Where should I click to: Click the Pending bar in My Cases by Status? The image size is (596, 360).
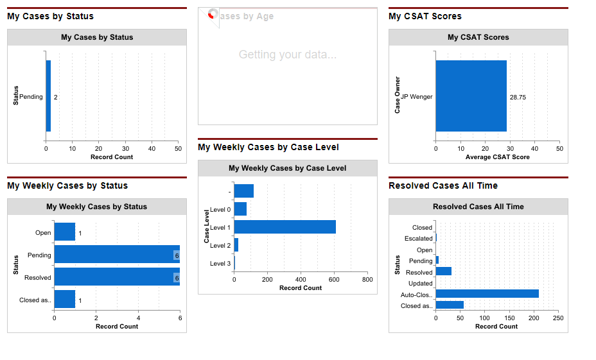[x=48, y=96]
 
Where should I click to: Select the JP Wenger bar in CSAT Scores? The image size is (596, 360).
[x=471, y=96]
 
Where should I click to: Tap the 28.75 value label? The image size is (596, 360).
[x=518, y=98]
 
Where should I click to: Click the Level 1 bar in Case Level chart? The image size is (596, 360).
[x=285, y=227]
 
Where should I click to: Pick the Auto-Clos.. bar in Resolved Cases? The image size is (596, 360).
[x=487, y=294]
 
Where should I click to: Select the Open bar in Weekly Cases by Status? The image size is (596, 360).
[x=64, y=232]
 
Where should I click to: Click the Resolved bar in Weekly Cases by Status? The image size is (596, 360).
[x=116, y=277]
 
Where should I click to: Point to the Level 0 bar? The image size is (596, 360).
[x=240, y=209]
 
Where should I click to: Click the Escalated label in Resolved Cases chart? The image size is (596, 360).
[x=419, y=239]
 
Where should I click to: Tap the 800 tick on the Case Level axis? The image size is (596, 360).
[x=367, y=280]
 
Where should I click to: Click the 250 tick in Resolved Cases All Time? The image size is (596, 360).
[x=557, y=318]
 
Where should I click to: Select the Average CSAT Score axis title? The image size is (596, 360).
[x=497, y=157]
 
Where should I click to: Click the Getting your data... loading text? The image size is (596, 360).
[x=287, y=55]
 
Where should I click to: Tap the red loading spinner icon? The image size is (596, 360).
[x=212, y=14]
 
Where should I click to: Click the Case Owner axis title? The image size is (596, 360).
[x=398, y=96]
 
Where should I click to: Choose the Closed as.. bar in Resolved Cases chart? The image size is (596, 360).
[x=450, y=305]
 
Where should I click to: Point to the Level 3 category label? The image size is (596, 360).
[x=220, y=264]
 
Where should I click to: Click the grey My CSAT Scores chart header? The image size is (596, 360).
[x=478, y=37]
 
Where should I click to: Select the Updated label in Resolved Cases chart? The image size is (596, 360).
[x=421, y=284]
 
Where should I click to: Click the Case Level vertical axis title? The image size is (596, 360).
[x=207, y=226]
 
